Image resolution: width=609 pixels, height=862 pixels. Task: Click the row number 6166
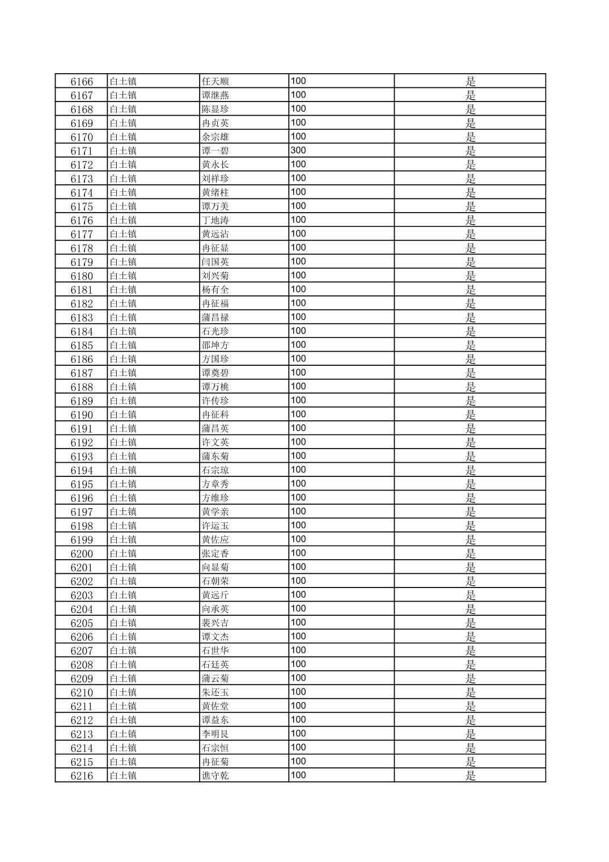coord(82,82)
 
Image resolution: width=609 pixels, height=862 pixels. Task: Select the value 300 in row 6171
coord(298,150)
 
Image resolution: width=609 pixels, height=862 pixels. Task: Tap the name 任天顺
coord(215,82)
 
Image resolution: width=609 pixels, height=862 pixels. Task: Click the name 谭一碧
coord(215,151)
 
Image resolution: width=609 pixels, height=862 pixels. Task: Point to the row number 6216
coord(82,776)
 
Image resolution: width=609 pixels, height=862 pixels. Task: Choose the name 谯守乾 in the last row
coord(215,776)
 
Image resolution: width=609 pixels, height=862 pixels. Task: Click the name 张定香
coord(215,553)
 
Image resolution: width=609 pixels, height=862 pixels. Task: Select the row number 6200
coord(82,553)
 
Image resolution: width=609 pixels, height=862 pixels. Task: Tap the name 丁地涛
coord(215,220)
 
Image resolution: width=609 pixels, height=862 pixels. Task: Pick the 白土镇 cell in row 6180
coord(123,276)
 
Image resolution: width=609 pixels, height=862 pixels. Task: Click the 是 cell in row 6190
coord(470,415)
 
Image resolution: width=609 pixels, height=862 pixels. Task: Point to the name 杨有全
coord(215,290)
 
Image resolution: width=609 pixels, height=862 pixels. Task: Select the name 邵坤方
coord(215,345)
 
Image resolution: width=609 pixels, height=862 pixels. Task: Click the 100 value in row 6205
coord(298,623)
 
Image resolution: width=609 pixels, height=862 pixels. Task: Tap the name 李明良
coord(215,734)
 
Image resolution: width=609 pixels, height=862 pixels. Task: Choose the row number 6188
coord(82,387)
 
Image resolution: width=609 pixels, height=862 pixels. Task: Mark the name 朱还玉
coord(215,692)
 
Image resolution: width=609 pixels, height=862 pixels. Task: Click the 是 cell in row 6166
coord(470,82)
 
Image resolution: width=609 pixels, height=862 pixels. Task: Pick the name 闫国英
coord(215,262)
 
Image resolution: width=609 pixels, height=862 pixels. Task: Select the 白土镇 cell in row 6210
coord(123,692)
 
